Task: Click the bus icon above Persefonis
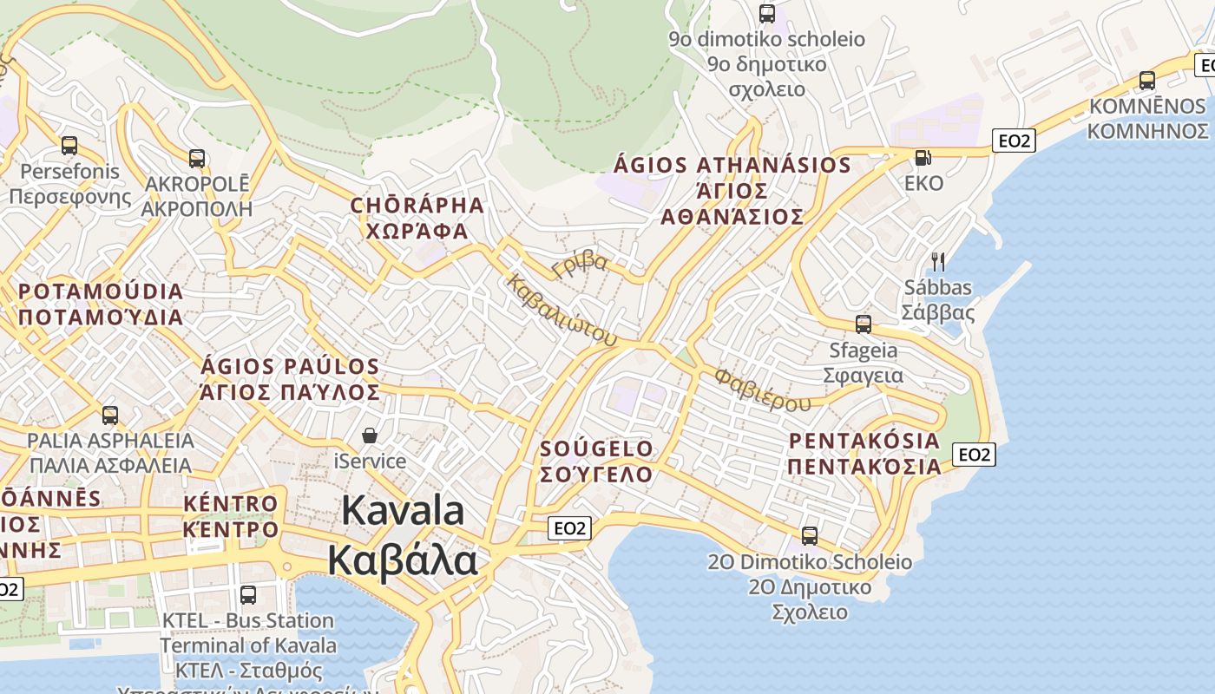pyautogui.click(x=69, y=146)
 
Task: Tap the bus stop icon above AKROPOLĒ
pyautogui.click(x=197, y=159)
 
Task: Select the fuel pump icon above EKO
pyautogui.click(x=923, y=158)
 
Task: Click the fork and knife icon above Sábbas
pyautogui.click(x=937, y=261)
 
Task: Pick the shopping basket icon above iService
pyautogui.click(x=370, y=435)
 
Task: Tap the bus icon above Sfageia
pyautogui.click(x=863, y=324)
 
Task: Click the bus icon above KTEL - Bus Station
pyautogui.click(x=248, y=595)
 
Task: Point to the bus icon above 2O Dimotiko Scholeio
pyautogui.click(x=810, y=536)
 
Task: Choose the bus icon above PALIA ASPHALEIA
pyautogui.click(x=110, y=416)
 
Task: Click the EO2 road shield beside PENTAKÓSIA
pyautogui.click(x=974, y=454)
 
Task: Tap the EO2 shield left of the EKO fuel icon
pyautogui.click(x=1014, y=141)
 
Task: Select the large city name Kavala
pyautogui.click(x=403, y=510)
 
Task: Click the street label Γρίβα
pyautogui.click(x=580, y=263)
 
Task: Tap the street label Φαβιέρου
pyautogui.click(x=763, y=390)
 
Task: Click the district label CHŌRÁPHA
pyautogui.click(x=417, y=206)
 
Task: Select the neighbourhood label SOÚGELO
pyautogui.click(x=596, y=448)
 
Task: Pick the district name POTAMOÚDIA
pyautogui.click(x=101, y=291)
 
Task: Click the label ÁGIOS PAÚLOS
pyautogui.click(x=290, y=367)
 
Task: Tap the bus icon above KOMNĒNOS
pyautogui.click(x=1147, y=81)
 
